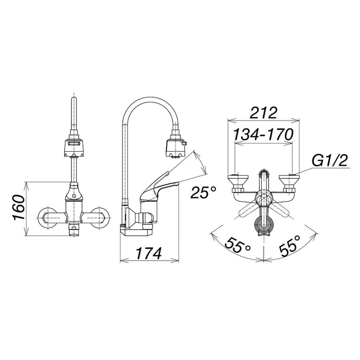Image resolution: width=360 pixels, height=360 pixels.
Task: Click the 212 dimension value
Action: [263, 113]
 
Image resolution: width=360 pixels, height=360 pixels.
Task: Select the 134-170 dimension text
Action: [263, 134]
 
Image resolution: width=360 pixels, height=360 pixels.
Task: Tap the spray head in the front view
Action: [74, 145]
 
